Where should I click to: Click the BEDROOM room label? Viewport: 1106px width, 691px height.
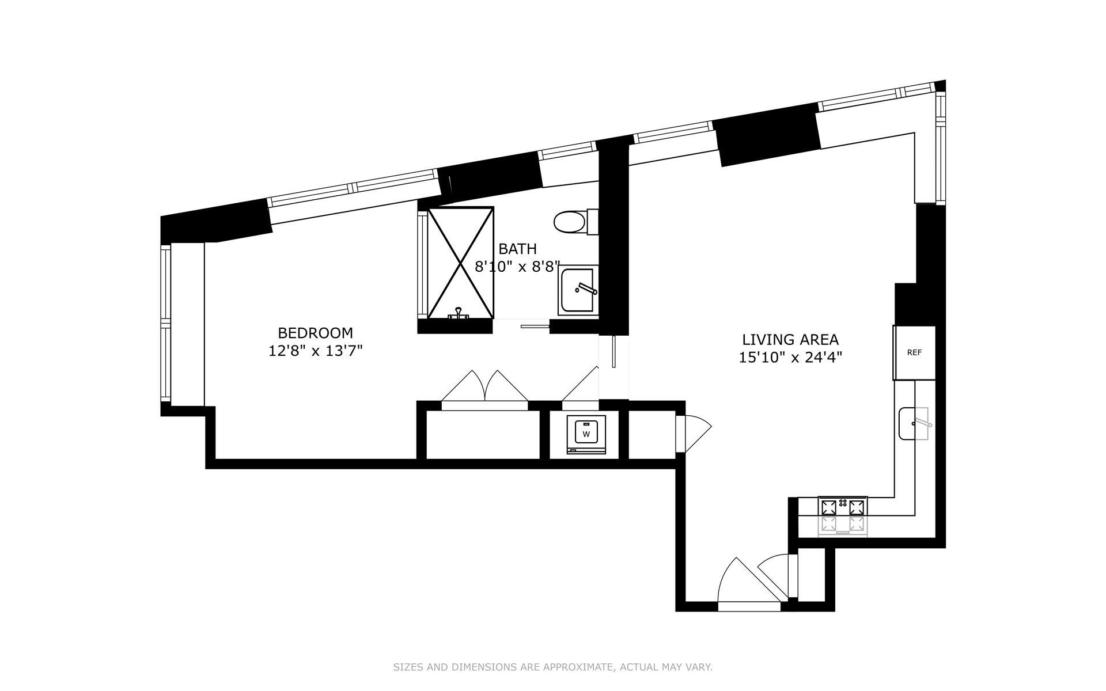(315, 333)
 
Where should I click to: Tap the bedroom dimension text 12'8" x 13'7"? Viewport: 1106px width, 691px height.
(315, 350)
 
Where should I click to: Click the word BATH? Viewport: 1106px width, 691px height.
(517, 249)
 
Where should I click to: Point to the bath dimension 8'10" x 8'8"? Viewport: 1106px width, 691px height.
(517, 267)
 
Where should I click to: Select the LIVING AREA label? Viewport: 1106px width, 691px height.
(790, 340)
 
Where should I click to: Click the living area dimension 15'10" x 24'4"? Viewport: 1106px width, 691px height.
(790, 358)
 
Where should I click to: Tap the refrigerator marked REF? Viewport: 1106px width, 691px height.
(914, 352)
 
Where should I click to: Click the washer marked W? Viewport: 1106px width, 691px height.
(586, 434)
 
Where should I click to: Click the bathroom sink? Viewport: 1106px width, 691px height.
(578, 291)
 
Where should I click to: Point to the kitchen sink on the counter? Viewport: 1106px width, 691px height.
(915, 423)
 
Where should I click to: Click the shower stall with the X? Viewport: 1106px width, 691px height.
(460, 263)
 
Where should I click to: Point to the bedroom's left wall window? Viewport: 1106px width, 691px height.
(166, 323)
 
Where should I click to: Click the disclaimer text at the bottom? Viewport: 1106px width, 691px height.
(553, 667)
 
